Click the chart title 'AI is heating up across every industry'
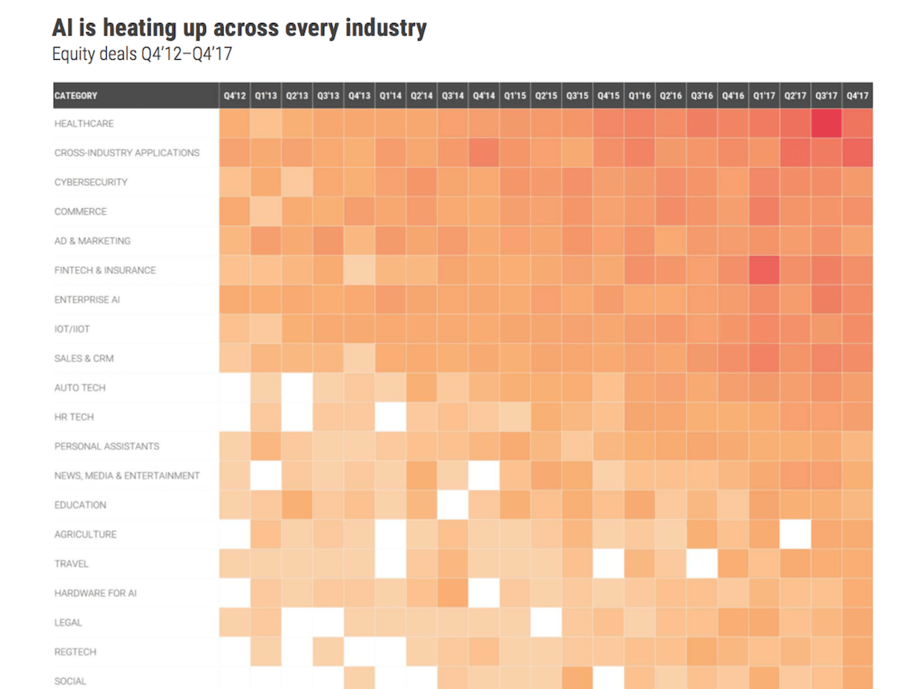tap(239, 28)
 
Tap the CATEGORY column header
tap(76, 96)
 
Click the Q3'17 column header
tap(826, 96)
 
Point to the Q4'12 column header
tap(234, 96)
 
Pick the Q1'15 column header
tap(515, 96)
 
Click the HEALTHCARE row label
tap(84, 124)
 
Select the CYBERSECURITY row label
tap(91, 182)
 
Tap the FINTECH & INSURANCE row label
tap(104, 270)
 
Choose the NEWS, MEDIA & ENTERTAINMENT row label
tap(127, 475)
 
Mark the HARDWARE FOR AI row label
tap(95, 593)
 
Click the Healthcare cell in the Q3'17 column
tap(826, 124)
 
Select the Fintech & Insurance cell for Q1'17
tap(764, 270)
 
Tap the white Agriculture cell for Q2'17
tap(795, 534)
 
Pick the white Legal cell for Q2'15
tap(546, 622)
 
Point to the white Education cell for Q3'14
tap(453, 505)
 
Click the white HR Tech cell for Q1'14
tap(390, 417)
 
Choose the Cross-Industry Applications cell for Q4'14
tap(483, 153)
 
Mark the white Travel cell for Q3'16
tap(701, 564)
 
